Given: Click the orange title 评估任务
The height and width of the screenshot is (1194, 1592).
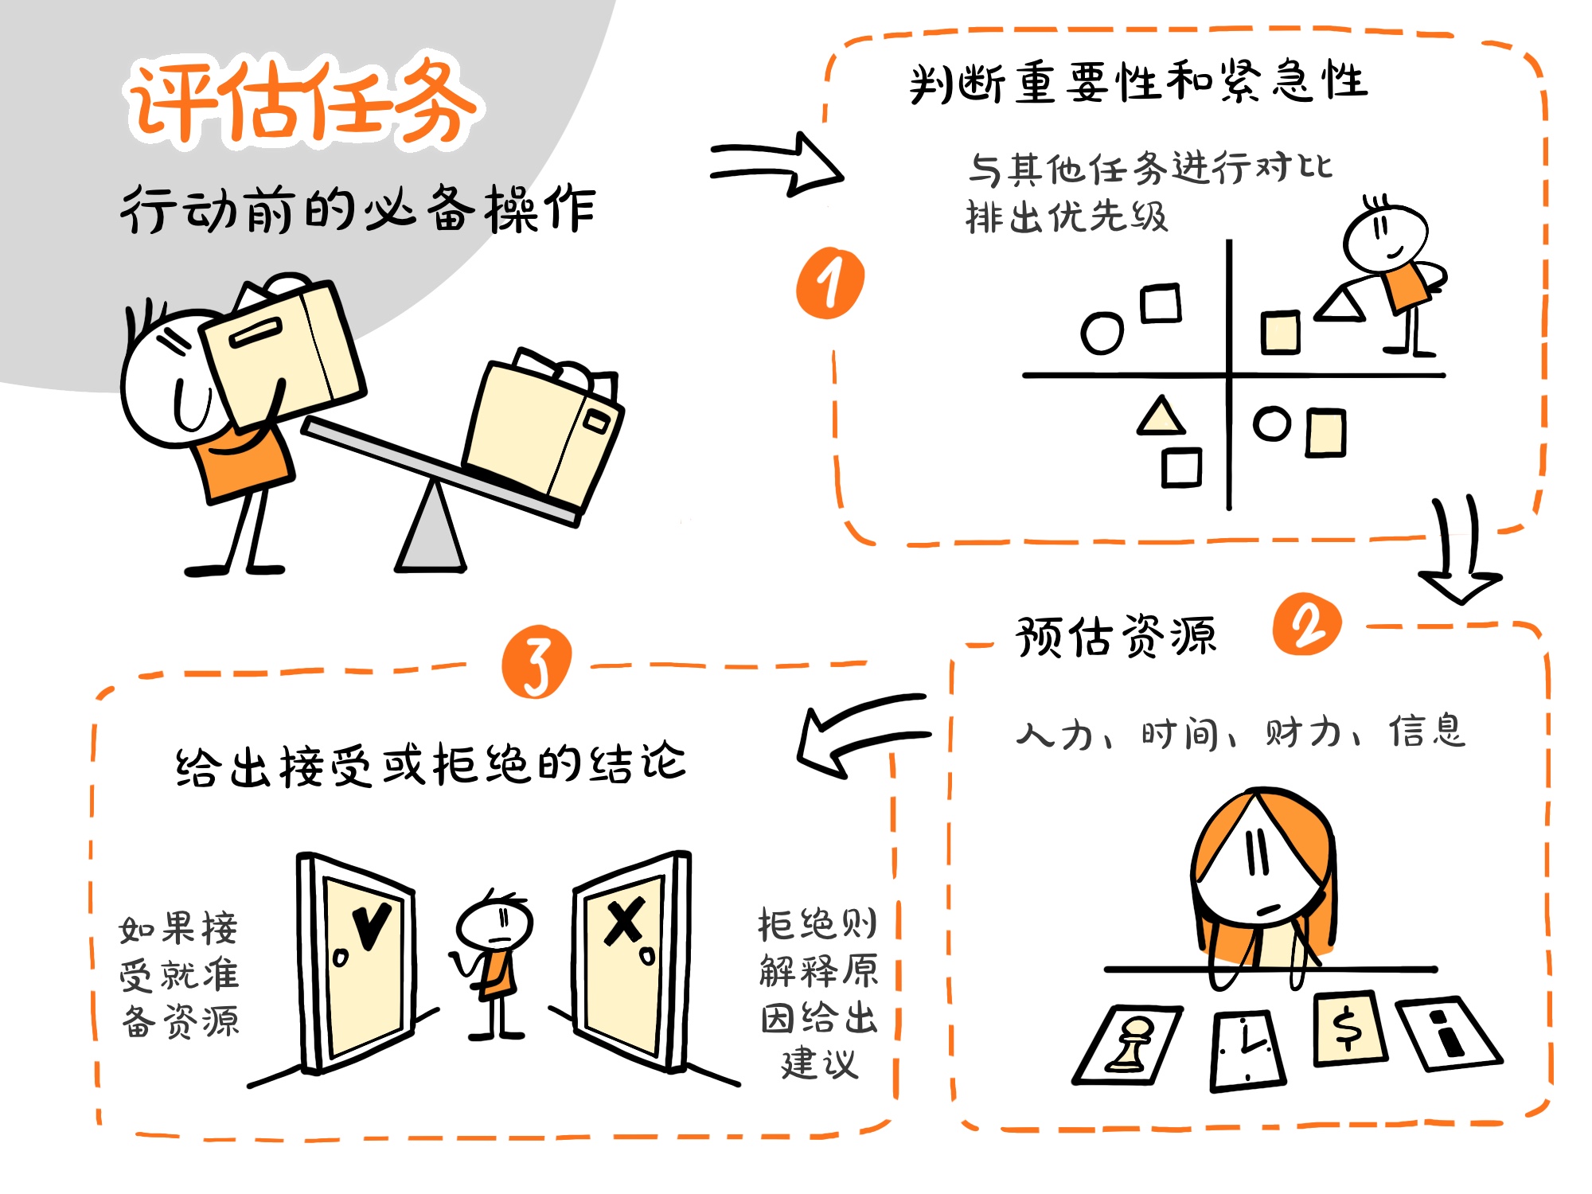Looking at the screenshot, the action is click(302, 102).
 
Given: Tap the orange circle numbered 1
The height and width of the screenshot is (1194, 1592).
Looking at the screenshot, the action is click(830, 283).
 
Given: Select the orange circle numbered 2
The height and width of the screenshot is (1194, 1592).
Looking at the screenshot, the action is click(1306, 624).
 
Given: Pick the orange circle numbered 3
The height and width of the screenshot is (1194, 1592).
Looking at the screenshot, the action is click(537, 661).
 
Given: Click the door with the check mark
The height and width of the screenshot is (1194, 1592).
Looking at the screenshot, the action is click(356, 962).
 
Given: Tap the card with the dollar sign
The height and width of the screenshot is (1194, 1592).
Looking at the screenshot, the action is click(1350, 1028).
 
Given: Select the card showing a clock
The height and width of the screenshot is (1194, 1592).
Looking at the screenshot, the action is click(1247, 1051).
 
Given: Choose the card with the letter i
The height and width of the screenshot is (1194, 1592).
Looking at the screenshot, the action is click(1449, 1033).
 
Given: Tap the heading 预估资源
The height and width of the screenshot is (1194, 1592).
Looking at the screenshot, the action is click(1116, 637).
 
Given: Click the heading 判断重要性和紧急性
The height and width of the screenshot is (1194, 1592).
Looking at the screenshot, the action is click(1138, 82).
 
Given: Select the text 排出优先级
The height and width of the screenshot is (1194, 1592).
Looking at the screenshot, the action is click(1067, 217).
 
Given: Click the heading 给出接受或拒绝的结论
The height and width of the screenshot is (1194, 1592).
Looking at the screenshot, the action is click(430, 764).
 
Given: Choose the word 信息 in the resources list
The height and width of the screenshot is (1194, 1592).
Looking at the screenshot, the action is click(1427, 731).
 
